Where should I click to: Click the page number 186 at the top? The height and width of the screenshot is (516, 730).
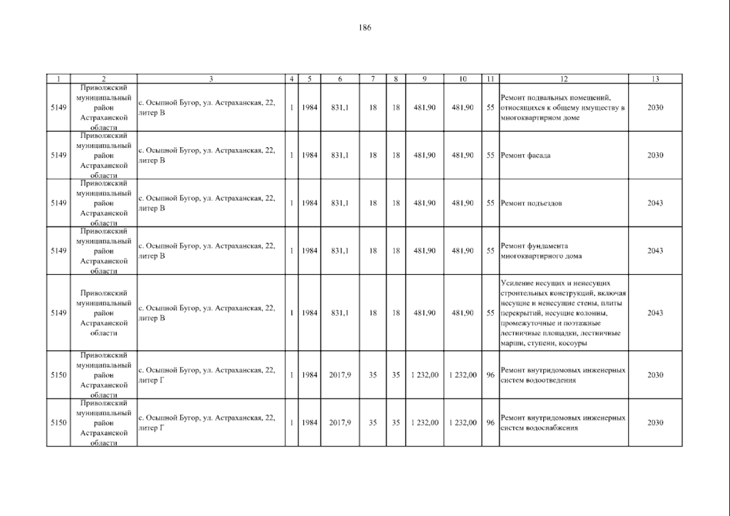[365, 28]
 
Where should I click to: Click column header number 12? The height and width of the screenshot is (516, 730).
[564, 79]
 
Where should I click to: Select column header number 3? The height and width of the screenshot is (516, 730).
[211, 79]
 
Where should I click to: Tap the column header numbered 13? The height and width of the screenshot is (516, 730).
[655, 79]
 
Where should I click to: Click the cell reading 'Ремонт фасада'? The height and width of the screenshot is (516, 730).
[525, 155]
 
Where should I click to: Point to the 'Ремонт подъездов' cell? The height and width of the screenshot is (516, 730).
[531, 203]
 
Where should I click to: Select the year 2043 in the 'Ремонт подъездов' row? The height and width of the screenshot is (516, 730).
[655, 203]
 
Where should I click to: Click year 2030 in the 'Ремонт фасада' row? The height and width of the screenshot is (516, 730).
[655, 155]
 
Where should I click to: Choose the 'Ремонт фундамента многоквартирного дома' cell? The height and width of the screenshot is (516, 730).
[541, 251]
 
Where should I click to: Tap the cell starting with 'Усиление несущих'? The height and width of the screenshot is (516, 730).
[563, 313]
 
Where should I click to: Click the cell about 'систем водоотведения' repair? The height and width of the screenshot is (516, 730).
[563, 375]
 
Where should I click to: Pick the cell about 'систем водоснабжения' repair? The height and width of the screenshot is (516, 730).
[563, 423]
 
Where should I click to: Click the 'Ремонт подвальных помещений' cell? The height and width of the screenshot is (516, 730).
[563, 107]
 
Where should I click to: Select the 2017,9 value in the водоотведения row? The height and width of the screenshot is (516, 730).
[340, 375]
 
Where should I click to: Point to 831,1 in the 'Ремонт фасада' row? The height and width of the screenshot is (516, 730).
[340, 155]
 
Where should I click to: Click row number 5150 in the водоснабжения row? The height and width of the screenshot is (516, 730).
[58, 423]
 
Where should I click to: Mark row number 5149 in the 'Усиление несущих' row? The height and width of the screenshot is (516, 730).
[58, 313]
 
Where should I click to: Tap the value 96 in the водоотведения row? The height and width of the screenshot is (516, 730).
[490, 375]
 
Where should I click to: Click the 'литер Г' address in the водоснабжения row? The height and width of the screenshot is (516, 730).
[206, 423]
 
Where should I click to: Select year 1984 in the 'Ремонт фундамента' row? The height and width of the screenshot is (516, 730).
[309, 251]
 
